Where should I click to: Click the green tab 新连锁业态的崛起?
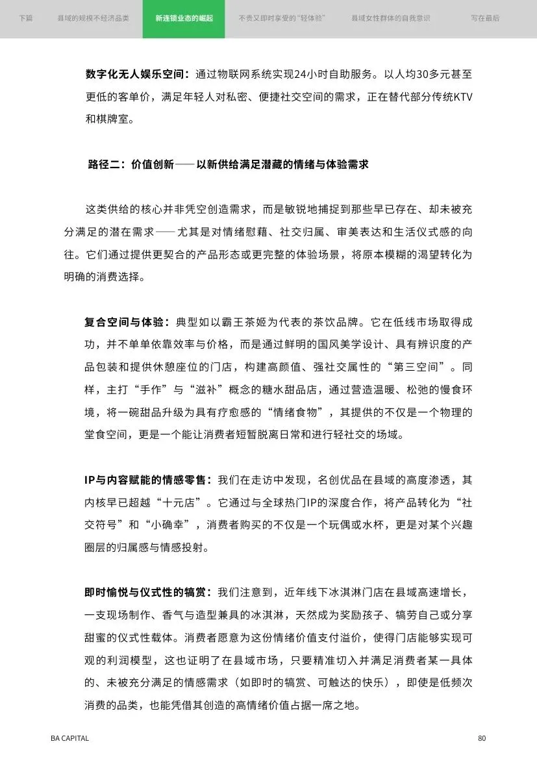(184, 18)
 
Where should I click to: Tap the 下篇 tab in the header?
(26, 18)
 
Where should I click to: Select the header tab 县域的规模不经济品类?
(94, 18)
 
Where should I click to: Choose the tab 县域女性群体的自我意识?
(390, 18)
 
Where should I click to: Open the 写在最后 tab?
(485, 18)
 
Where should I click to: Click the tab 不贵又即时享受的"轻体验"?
(282, 18)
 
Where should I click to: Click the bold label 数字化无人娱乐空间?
(137, 74)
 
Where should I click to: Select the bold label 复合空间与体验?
(126, 322)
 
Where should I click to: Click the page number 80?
(481, 738)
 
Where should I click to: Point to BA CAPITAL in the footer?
(69, 738)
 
